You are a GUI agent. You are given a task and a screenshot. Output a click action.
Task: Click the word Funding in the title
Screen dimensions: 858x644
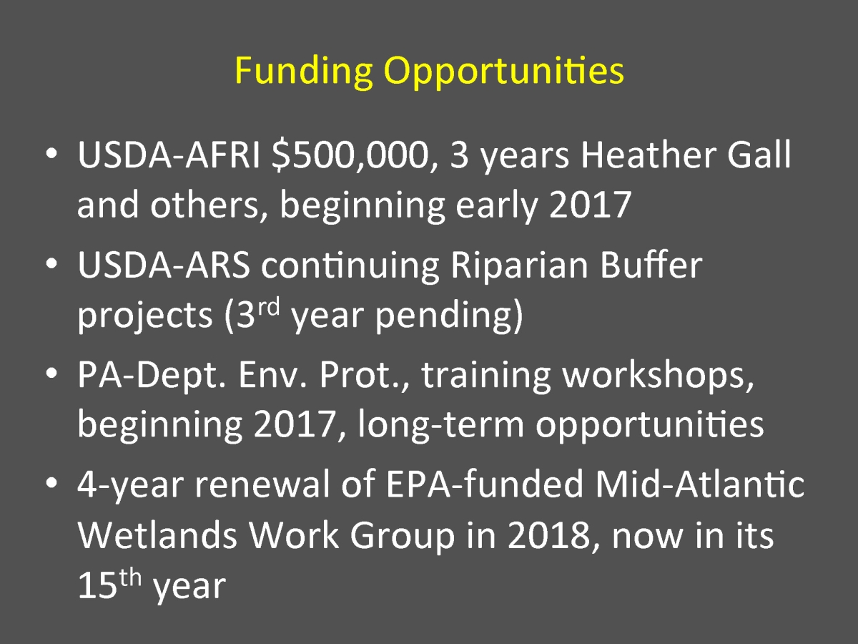point(303,72)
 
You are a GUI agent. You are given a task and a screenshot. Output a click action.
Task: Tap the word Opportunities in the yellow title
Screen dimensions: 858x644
point(504,72)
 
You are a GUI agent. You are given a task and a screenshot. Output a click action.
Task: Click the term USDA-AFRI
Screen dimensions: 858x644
point(169,155)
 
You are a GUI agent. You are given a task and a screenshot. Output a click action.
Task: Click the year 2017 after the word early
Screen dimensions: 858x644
point(591,205)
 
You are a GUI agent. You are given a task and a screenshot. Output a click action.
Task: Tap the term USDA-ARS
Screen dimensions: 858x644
point(164,264)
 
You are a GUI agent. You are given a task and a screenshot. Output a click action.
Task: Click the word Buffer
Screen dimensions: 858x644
point(651,264)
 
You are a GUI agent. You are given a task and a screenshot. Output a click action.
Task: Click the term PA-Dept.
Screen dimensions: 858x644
point(152,376)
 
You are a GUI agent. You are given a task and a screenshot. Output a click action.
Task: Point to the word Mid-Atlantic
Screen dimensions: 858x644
point(700,484)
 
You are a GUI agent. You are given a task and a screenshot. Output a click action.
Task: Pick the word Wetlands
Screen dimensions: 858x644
point(157,535)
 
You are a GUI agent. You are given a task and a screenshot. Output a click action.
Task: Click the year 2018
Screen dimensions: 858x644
point(549,536)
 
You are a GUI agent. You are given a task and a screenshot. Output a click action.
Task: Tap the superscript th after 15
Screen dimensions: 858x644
point(130,577)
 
